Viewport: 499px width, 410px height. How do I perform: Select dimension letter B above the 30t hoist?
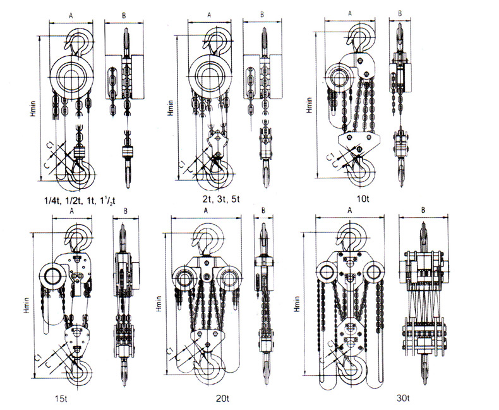[x=423, y=209]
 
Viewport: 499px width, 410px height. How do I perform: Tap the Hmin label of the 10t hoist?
[x=310, y=101]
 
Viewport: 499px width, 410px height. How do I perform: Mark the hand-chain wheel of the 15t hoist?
[x=51, y=276]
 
